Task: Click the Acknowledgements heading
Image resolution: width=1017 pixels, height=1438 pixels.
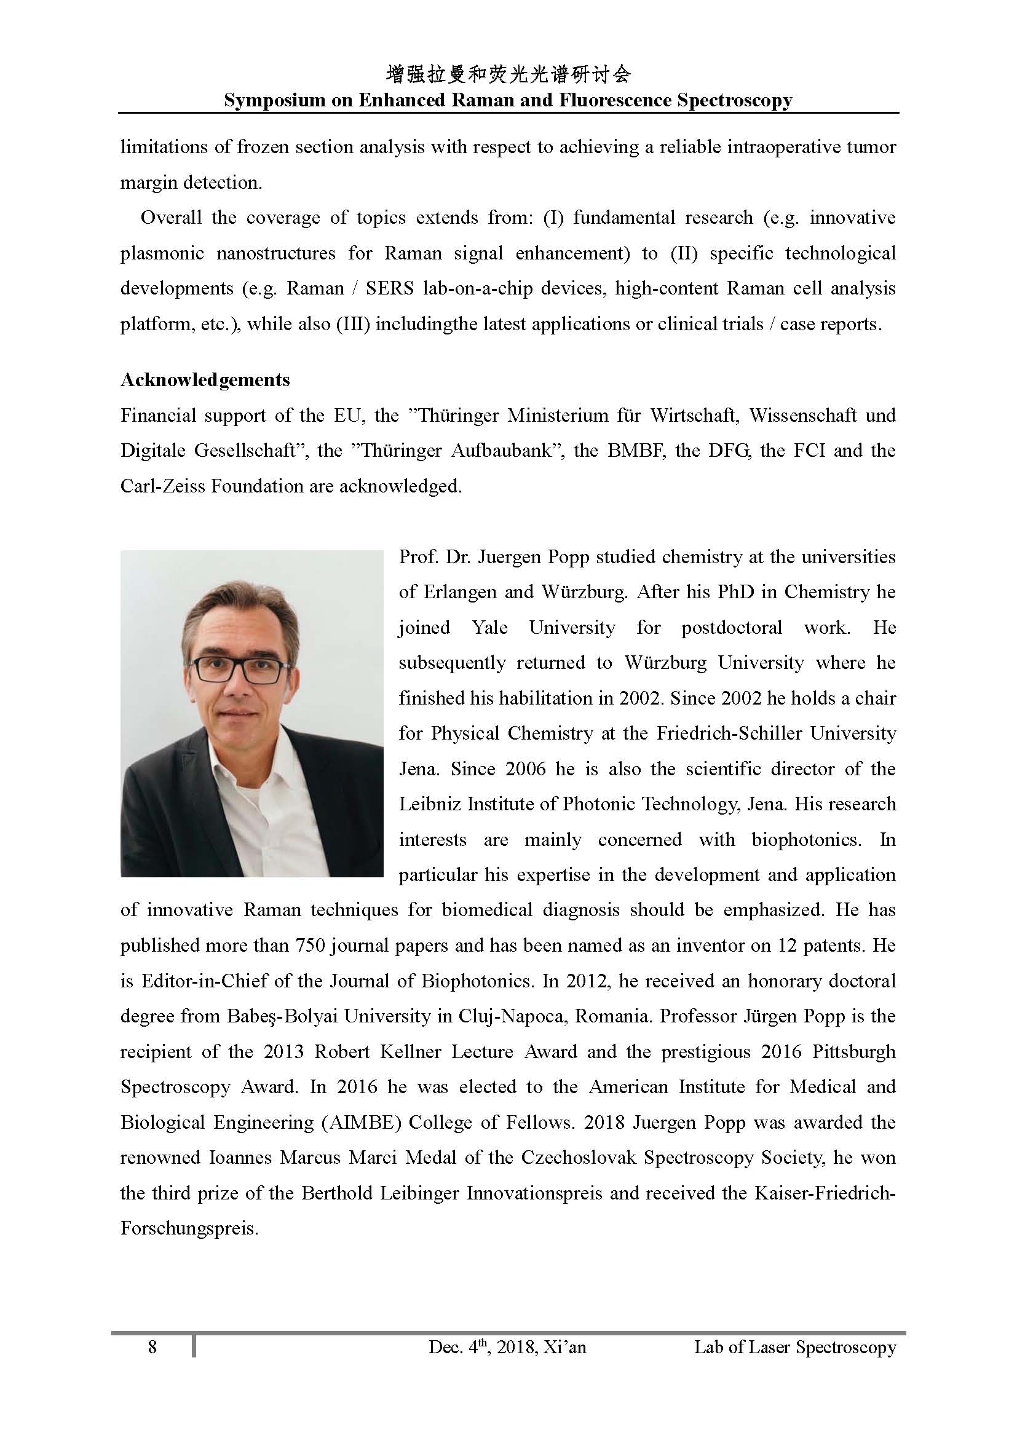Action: click(205, 379)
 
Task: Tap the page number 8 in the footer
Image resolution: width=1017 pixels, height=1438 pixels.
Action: click(152, 1346)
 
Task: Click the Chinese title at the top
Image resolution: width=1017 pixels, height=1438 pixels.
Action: click(508, 75)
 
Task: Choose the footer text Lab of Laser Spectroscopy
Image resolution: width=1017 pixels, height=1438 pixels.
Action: click(794, 1346)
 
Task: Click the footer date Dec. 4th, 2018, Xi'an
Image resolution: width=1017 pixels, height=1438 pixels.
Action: click(507, 1346)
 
